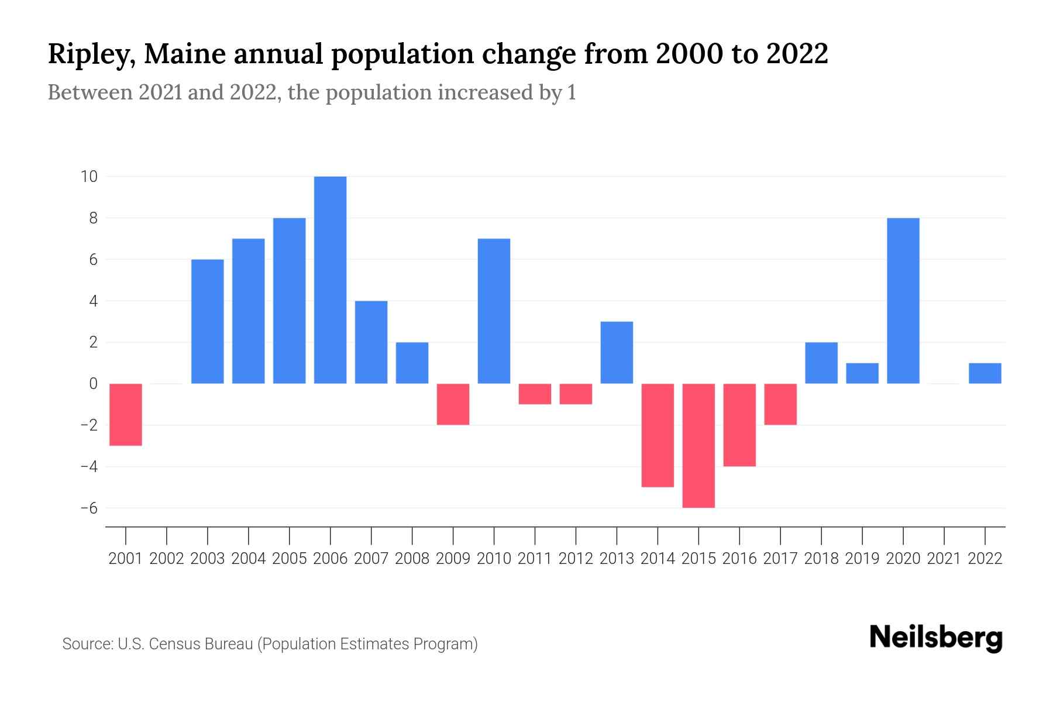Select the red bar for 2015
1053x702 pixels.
tap(698, 446)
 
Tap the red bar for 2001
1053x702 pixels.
tap(126, 414)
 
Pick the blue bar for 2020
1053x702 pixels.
tap(903, 301)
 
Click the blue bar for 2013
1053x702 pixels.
tap(617, 353)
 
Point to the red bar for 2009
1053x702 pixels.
tap(453, 404)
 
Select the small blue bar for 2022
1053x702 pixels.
tap(985, 373)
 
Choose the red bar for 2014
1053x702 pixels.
tap(658, 435)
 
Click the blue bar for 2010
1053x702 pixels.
tap(494, 311)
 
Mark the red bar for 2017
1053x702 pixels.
tap(780, 404)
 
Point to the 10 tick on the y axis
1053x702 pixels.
tap(89, 176)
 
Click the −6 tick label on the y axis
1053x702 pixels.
tap(89, 508)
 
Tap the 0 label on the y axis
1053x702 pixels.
tap(93, 384)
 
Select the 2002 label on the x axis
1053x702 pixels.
tap(167, 559)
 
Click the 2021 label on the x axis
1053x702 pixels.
tap(944, 559)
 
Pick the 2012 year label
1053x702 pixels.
tap(576, 559)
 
